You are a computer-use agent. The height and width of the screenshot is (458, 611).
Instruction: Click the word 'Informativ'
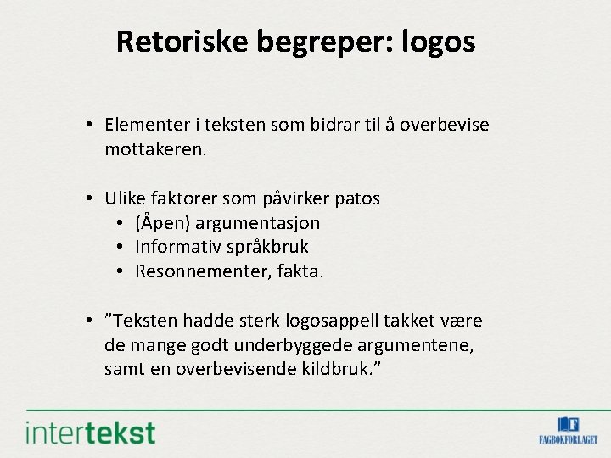pyautogui.click(x=173, y=247)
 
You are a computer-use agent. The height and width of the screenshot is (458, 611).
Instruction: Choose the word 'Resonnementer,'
pyautogui.click(x=194, y=271)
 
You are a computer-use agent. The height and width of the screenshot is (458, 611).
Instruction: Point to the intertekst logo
pyautogui.click(x=91, y=432)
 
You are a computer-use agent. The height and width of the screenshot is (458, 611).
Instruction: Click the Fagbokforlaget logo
pyautogui.click(x=568, y=430)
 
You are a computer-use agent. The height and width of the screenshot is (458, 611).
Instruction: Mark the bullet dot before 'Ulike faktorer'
pyautogui.click(x=89, y=198)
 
